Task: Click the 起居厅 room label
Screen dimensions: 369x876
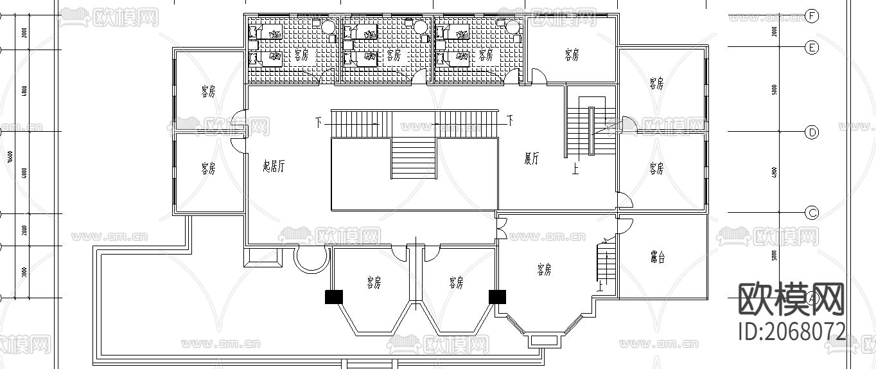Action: tap(274, 166)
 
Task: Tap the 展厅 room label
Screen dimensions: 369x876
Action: tap(531, 159)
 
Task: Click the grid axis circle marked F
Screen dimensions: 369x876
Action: tap(812, 16)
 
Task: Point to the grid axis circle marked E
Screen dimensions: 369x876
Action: tap(812, 47)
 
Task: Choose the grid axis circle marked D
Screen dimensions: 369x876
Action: tap(812, 132)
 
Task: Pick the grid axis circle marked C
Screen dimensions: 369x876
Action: tap(812, 213)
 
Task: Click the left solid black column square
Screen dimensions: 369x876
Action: tap(334, 296)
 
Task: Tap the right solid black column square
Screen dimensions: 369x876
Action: tap(498, 296)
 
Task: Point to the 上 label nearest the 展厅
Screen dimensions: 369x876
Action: tap(575, 170)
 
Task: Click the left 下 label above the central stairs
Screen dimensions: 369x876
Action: tap(319, 120)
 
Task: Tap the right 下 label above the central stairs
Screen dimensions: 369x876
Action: tap(510, 120)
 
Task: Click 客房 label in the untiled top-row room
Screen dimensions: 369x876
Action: tap(572, 55)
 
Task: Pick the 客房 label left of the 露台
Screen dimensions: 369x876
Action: tap(544, 270)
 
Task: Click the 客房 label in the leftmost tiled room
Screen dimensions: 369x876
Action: tap(301, 55)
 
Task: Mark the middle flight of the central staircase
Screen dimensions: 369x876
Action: tap(414, 159)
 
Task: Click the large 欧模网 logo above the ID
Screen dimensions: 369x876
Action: tap(791, 299)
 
